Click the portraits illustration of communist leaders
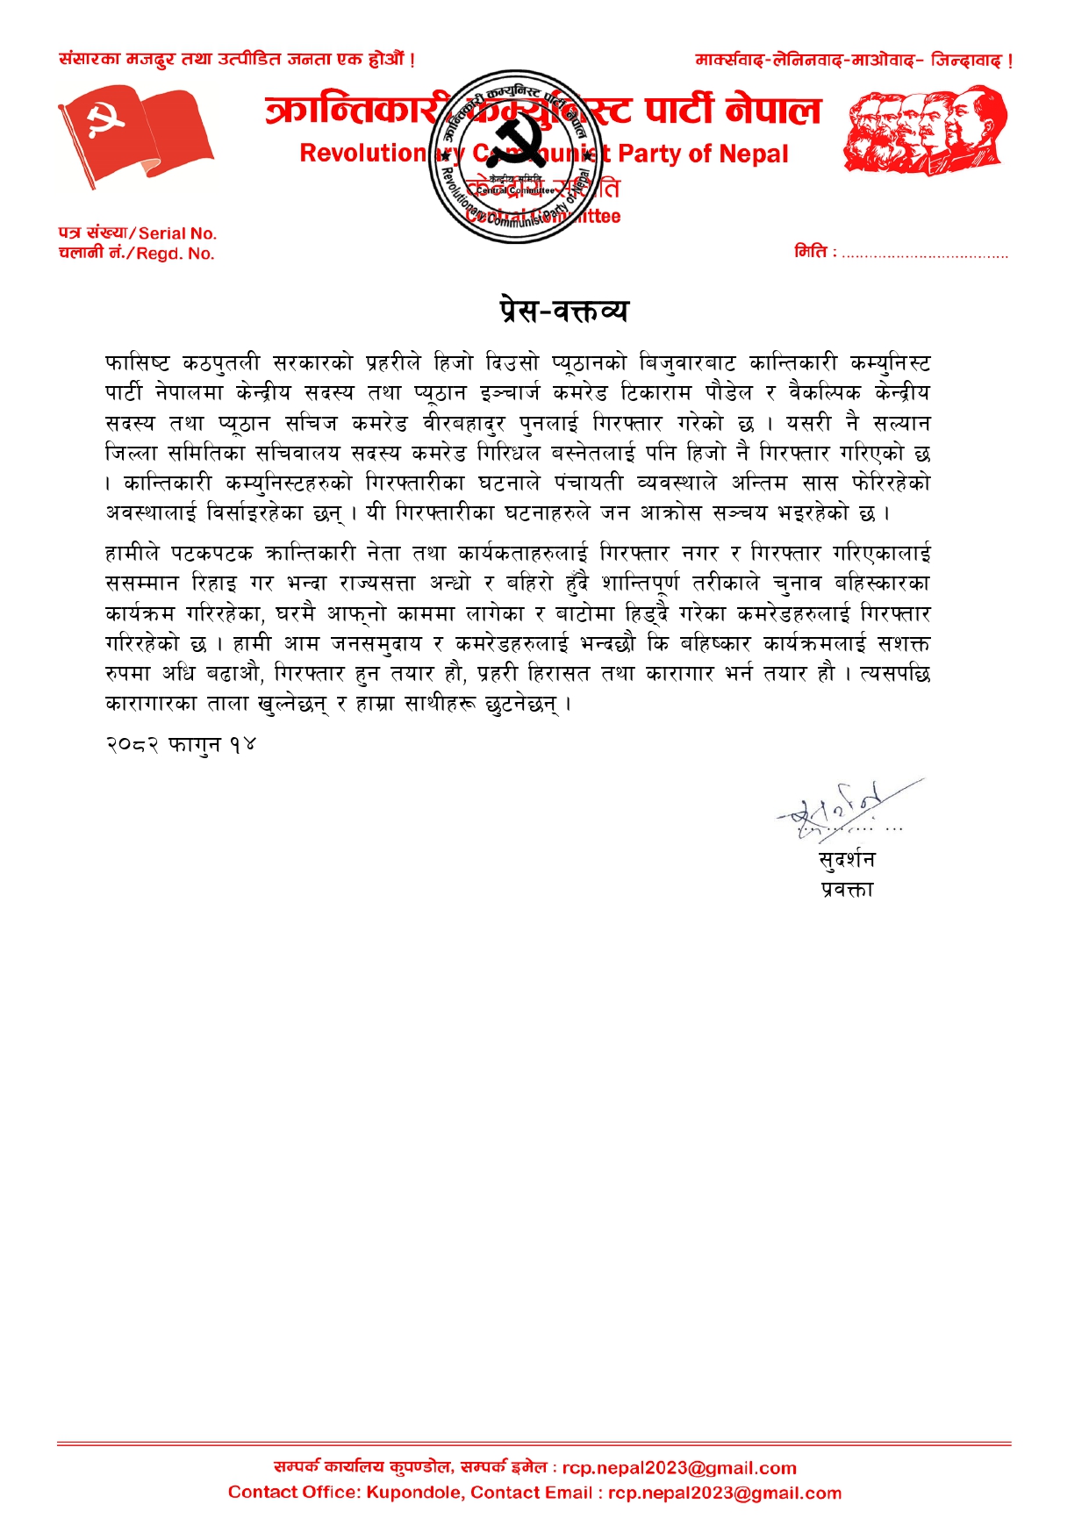(x=925, y=130)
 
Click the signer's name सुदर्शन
(x=846, y=860)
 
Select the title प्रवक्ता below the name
(x=847, y=890)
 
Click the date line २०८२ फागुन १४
(x=181, y=744)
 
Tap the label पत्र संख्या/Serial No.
(x=137, y=233)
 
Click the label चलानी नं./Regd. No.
(x=136, y=254)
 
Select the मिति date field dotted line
(x=924, y=254)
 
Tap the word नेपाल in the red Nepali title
(x=773, y=111)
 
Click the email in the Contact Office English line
(x=725, y=1493)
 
